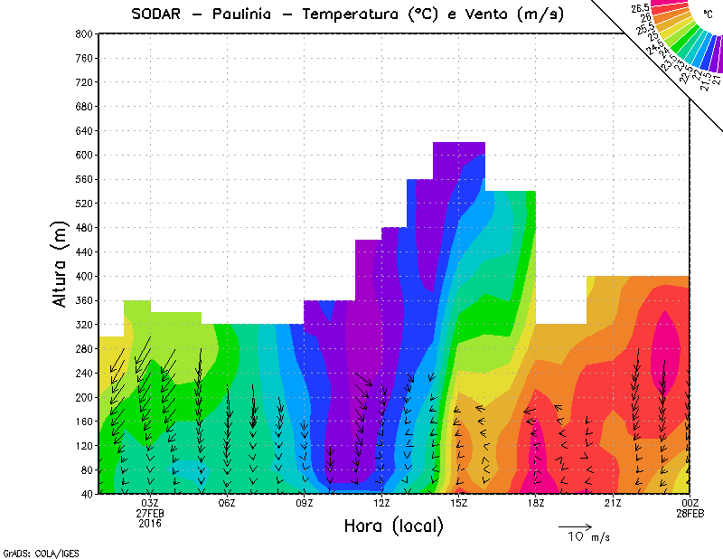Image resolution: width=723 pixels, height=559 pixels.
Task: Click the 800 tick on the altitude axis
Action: pyautogui.click(x=84, y=33)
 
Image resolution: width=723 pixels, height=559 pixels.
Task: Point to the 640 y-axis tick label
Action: pyautogui.click(x=84, y=130)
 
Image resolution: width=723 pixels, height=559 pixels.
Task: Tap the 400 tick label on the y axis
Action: pyautogui.click(x=84, y=276)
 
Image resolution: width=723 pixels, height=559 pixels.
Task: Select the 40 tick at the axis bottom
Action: pyautogui.click(x=87, y=494)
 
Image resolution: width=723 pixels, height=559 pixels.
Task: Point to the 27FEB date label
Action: pyautogui.click(x=150, y=514)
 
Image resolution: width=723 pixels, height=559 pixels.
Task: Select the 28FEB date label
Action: pyautogui.click(x=690, y=514)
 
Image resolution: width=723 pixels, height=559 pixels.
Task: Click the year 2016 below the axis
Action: pyautogui.click(x=150, y=524)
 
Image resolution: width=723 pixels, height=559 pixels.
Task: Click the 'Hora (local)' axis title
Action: pyautogui.click(x=393, y=526)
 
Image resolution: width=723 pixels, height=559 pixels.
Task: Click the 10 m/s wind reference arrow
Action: pyautogui.click(x=575, y=526)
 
